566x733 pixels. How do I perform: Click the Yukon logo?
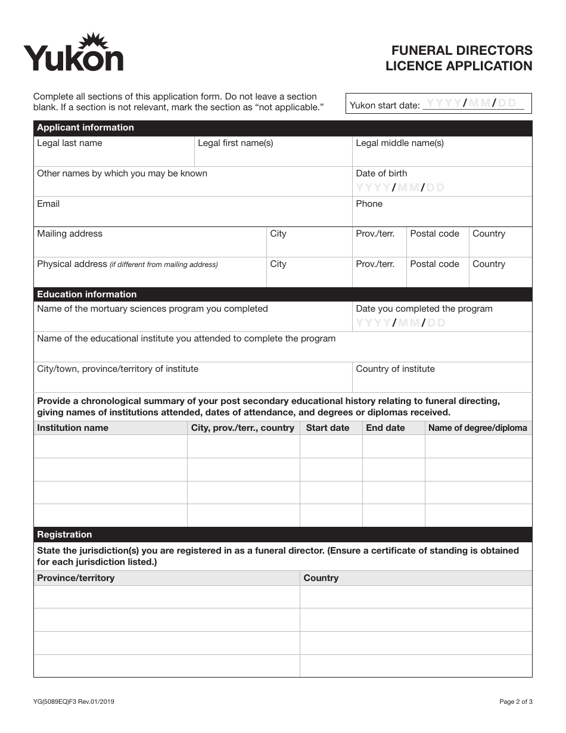73,53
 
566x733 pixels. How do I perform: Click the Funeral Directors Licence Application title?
459,58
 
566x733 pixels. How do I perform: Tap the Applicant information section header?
85,128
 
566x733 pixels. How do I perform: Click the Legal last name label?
70,143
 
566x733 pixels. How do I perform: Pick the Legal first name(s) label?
235,143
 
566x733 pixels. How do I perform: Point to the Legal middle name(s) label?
400,143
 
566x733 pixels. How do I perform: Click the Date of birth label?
381,173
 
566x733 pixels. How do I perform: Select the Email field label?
48,204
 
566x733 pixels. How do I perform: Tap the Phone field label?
369,204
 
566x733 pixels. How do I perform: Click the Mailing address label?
70,234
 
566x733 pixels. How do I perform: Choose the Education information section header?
86,294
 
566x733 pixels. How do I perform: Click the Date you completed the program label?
424,309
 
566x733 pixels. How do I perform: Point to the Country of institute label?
395,369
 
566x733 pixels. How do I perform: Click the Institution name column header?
73,428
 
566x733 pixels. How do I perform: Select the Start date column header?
328,428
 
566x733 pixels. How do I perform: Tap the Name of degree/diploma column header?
478,428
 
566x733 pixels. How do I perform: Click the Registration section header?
64,535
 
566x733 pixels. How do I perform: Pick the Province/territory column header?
76,578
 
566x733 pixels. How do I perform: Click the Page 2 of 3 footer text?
516,701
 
